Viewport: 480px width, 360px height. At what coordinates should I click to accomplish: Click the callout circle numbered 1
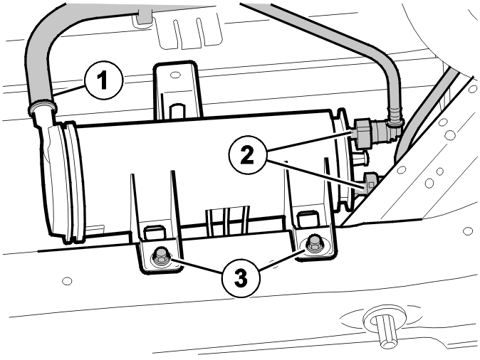pos(104,80)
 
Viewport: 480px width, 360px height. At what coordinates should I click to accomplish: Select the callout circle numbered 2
pos(247,155)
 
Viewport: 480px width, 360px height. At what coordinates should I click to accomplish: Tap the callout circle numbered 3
pos(241,278)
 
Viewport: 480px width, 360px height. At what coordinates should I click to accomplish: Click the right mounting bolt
pos(313,243)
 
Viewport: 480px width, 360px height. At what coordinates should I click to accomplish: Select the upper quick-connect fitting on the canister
pos(365,133)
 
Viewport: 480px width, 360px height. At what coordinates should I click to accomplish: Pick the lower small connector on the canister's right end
pos(370,182)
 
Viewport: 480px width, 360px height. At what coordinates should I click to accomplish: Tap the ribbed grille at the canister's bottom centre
pos(228,221)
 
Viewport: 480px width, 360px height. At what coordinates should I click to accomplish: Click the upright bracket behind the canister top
pos(177,90)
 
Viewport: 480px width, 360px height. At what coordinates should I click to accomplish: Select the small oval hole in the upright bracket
pos(175,74)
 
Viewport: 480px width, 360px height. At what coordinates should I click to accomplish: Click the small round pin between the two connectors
pos(361,159)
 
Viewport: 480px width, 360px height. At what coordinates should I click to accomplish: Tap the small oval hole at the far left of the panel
pos(67,280)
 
